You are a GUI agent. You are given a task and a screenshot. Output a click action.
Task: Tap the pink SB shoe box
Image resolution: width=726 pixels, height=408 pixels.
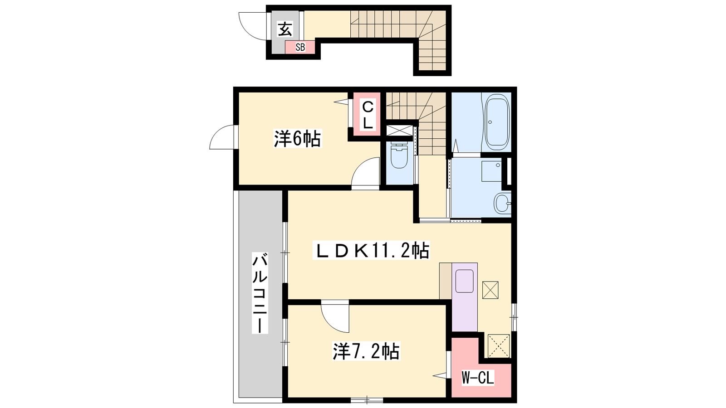(300, 47)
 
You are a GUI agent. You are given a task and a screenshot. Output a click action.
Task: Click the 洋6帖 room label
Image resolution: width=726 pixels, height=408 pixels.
(298, 139)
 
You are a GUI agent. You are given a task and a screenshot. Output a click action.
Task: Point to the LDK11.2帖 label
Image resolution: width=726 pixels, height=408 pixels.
(371, 250)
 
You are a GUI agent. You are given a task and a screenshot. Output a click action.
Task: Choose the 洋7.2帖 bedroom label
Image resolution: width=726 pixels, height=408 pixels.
(366, 351)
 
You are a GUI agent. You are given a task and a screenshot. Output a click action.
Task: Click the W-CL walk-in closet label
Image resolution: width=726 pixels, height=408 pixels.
(478, 378)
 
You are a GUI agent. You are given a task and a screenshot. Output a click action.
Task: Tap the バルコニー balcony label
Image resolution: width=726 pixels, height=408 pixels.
(260, 293)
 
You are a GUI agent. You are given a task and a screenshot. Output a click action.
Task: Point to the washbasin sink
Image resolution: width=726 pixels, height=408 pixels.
(502, 204)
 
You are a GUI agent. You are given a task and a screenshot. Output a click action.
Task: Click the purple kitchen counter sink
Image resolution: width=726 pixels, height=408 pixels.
(465, 281)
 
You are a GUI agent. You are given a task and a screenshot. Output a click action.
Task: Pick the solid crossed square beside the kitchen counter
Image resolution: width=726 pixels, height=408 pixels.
(491, 290)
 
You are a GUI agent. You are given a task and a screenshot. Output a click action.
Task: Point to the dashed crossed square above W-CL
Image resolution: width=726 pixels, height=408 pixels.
(499, 346)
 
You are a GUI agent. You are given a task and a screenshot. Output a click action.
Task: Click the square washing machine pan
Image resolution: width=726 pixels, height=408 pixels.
(491, 171)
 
